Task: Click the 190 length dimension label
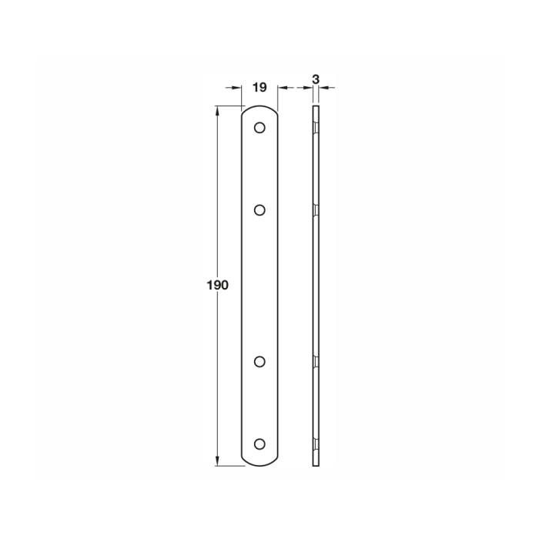(x=218, y=286)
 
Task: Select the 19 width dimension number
(x=259, y=87)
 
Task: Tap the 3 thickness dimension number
(x=316, y=79)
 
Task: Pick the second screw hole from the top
(x=259, y=209)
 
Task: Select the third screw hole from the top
(x=259, y=360)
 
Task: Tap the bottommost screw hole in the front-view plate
(x=259, y=444)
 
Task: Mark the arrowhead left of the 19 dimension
(x=237, y=89)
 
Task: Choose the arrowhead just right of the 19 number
(x=281, y=89)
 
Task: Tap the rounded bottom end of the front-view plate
(x=259, y=461)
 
